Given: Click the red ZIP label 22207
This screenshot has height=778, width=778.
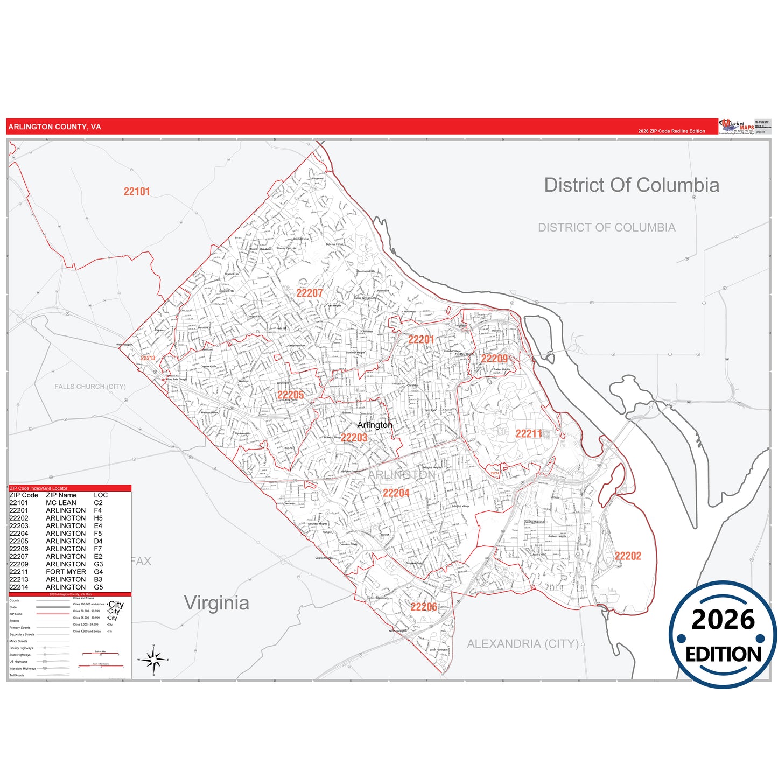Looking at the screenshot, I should pyautogui.click(x=310, y=293).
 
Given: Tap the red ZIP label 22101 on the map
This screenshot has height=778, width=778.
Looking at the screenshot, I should pyautogui.click(x=137, y=192).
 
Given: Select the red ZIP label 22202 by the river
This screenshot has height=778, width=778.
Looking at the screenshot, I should pyautogui.click(x=628, y=556).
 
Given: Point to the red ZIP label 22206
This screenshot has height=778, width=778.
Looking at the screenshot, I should pyautogui.click(x=424, y=607).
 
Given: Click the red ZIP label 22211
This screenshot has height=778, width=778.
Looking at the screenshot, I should pyautogui.click(x=529, y=434).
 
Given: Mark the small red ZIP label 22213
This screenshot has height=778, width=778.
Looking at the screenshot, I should pyautogui.click(x=148, y=358).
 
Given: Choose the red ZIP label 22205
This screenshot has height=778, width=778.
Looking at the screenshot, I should pyautogui.click(x=290, y=395).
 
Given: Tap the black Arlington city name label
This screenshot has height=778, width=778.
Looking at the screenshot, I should pyautogui.click(x=375, y=425).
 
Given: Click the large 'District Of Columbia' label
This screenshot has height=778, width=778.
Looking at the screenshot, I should pyautogui.click(x=631, y=185).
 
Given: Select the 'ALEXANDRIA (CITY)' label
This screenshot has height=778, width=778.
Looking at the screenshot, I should pyautogui.click(x=522, y=644).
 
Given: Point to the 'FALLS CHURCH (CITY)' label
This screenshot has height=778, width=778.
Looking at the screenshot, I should pyautogui.click(x=90, y=387).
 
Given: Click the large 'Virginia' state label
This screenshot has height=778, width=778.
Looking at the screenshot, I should pyautogui.click(x=216, y=603).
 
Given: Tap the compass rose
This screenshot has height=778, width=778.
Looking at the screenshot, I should pyautogui.click(x=154, y=660).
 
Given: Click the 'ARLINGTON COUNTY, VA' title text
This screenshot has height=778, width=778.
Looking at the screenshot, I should pyautogui.click(x=54, y=127).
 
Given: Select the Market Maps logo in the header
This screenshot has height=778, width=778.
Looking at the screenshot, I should pyautogui.click(x=737, y=127).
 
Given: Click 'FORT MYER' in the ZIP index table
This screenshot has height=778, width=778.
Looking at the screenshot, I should pyautogui.click(x=66, y=572).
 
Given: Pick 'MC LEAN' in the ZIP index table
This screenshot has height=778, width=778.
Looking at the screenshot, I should pyautogui.click(x=61, y=503).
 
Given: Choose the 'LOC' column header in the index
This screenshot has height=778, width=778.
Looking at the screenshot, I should pyautogui.click(x=101, y=495).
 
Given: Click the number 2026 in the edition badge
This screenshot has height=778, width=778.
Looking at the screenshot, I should pyautogui.click(x=723, y=620).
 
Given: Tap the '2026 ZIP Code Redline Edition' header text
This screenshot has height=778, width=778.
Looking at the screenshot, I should pyautogui.click(x=671, y=131).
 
